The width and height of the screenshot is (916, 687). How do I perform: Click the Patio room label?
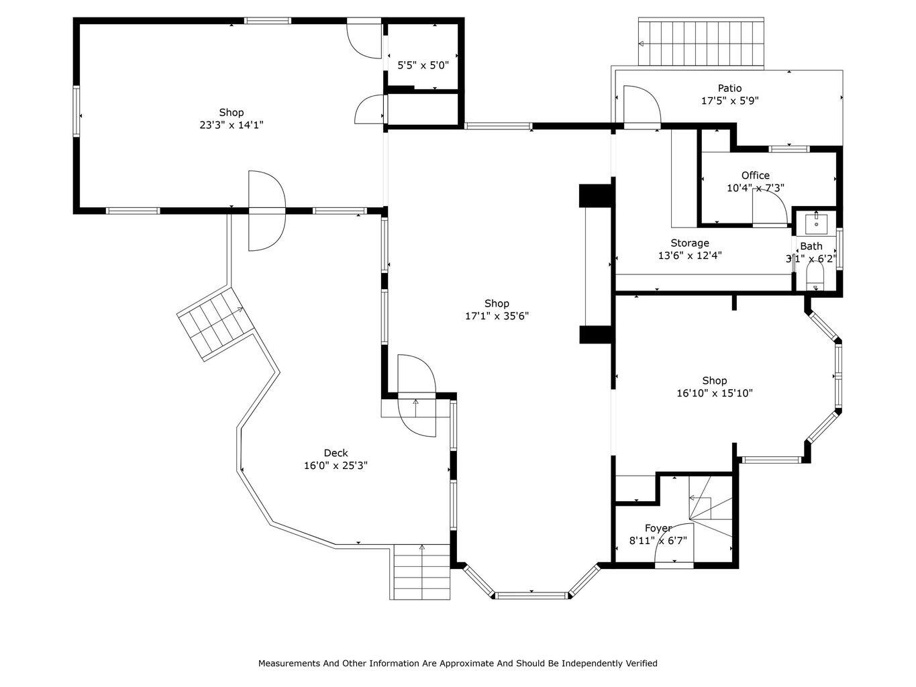[x=729, y=89]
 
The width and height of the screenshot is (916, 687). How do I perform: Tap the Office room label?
[x=756, y=175]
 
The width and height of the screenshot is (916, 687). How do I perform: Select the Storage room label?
[x=690, y=243]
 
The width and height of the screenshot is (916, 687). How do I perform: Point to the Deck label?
[x=336, y=453]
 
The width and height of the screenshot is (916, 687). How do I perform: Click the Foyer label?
[x=658, y=529]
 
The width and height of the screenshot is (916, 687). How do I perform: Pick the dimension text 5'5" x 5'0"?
[x=423, y=65]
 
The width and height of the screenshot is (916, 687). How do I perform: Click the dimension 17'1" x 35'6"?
[x=497, y=316]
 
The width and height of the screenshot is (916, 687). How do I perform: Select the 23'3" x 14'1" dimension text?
[x=232, y=125]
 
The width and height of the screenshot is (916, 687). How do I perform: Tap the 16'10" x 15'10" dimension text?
[x=715, y=393]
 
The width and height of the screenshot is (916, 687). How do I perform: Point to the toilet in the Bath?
[x=815, y=276]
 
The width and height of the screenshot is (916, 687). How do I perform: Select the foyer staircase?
[x=711, y=506]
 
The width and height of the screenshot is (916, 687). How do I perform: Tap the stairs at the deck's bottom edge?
[x=422, y=572]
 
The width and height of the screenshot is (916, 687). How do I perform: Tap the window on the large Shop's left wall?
[x=77, y=111]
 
